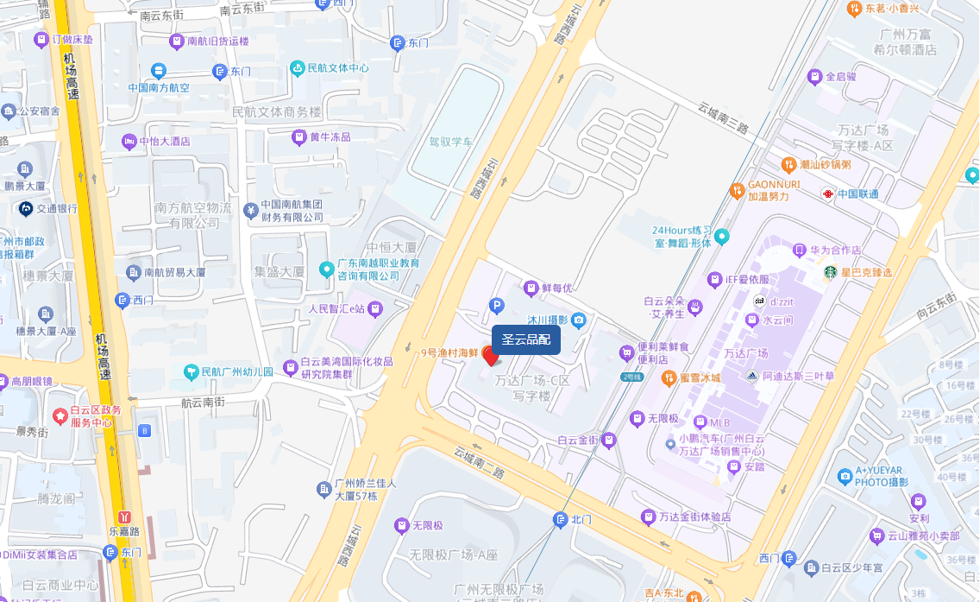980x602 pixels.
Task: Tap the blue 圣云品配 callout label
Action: click(526, 339)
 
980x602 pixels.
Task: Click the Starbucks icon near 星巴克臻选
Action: click(829, 272)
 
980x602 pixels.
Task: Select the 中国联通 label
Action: click(858, 193)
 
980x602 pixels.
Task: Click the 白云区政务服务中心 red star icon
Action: click(60, 416)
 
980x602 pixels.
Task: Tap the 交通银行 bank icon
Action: click(26, 208)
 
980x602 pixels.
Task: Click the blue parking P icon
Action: click(496, 305)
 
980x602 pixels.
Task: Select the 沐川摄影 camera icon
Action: click(578, 320)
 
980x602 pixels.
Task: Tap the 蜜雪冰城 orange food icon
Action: click(667, 377)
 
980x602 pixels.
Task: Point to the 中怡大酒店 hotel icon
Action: click(129, 141)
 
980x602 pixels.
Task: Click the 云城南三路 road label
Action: click(722, 117)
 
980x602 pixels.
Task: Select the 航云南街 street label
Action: click(203, 402)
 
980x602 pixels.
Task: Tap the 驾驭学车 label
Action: click(451, 141)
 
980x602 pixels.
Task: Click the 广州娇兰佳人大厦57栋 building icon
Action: click(323, 490)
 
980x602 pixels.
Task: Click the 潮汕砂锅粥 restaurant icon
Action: click(788, 164)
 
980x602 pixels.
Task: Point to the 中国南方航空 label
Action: click(159, 87)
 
